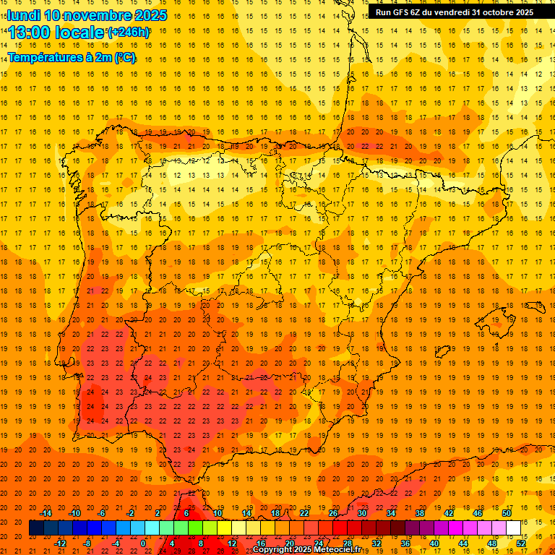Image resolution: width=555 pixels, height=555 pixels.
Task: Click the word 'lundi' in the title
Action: (x=24, y=15)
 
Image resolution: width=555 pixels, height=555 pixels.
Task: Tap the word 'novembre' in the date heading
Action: (x=100, y=15)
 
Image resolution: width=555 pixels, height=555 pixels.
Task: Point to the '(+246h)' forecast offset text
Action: (x=129, y=33)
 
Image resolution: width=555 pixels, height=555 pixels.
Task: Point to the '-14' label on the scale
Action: (x=46, y=513)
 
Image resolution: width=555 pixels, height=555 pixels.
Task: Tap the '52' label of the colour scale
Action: (x=521, y=543)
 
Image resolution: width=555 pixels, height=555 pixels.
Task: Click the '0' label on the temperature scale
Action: (x=143, y=543)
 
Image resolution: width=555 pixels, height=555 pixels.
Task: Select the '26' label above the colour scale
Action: (x=333, y=513)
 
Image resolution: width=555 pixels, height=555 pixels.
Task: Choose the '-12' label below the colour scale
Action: (x=60, y=543)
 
